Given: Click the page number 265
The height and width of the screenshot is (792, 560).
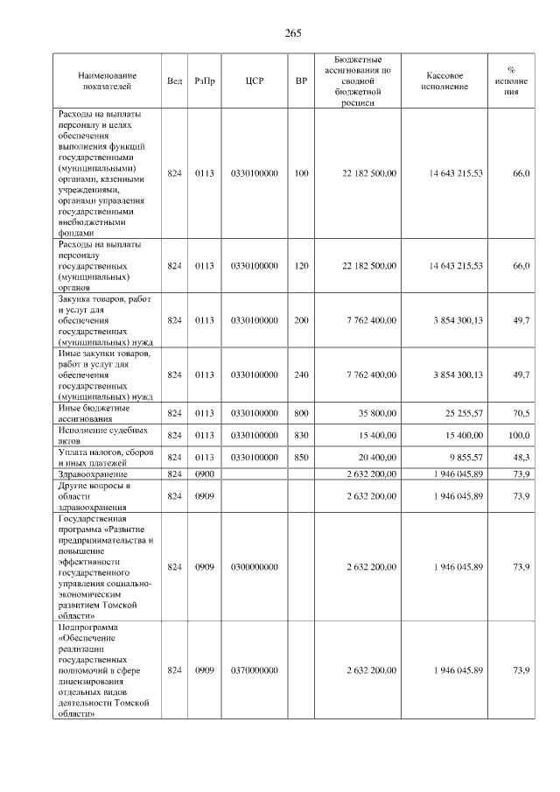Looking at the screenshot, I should tap(293, 33).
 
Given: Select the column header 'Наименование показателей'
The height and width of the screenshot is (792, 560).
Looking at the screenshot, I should tap(106, 81).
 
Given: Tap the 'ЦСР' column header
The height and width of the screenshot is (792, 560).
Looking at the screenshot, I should tap(255, 81).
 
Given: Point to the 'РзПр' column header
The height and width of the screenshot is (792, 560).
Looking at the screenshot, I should tap(205, 81).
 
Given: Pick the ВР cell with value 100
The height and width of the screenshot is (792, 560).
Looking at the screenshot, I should tap(301, 174).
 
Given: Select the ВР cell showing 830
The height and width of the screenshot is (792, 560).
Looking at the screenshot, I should tap(301, 435).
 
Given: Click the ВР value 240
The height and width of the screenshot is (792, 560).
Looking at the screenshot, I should tap(301, 375).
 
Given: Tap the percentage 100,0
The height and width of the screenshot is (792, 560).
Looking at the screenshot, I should tap(520, 435).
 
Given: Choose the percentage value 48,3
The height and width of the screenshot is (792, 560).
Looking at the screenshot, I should tap(521, 457).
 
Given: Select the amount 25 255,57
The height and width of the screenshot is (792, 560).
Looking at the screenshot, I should tap(460, 413).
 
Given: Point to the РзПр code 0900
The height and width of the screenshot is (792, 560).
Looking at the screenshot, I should tap(204, 473).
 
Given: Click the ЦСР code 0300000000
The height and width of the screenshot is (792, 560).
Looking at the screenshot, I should tap(255, 567).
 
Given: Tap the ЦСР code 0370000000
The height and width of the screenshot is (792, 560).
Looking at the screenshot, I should tap(255, 670).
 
